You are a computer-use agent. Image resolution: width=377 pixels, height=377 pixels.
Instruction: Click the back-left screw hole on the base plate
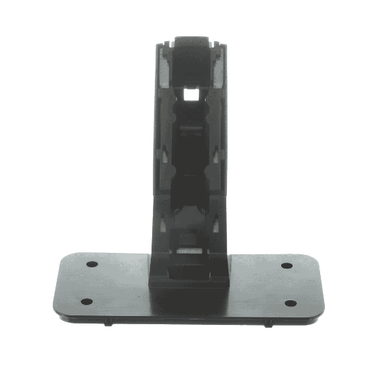(90, 264)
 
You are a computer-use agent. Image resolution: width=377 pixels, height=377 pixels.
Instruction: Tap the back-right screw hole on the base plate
(287, 266)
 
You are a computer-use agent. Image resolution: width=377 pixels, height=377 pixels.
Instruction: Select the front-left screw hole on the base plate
(86, 301)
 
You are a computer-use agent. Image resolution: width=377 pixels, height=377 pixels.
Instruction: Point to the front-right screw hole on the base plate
(291, 303)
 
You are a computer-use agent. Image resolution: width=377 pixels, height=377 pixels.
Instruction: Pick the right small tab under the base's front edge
(266, 324)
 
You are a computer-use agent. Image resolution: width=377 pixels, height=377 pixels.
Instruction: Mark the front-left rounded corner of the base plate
(58, 309)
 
